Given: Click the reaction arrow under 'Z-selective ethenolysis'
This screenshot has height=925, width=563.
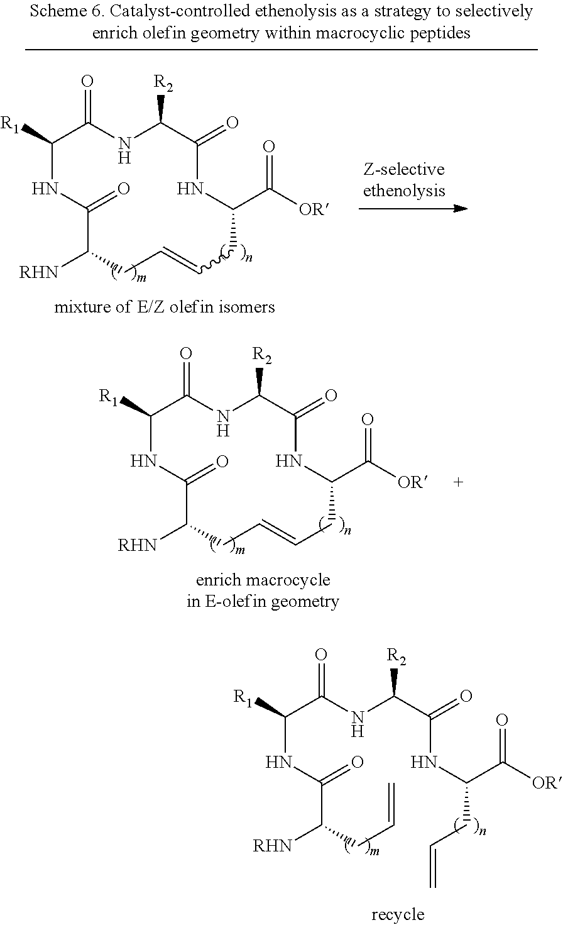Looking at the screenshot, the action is [x=413, y=208].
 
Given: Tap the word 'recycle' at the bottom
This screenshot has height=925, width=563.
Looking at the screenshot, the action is [x=398, y=914].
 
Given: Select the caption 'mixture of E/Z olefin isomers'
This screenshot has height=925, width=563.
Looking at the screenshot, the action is [x=164, y=307].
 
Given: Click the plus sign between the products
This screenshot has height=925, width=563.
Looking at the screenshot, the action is [x=458, y=482].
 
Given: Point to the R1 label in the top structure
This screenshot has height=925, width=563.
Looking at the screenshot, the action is [x=11, y=124].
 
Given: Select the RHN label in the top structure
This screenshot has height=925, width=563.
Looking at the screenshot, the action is [x=38, y=272].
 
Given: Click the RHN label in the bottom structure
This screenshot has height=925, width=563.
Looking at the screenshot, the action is [x=273, y=846].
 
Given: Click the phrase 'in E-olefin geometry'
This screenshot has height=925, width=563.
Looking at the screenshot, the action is [x=263, y=601].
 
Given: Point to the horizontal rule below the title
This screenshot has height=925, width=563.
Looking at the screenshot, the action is [x=281, y=49].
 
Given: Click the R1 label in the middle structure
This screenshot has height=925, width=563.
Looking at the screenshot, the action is [x=109, y=396].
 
